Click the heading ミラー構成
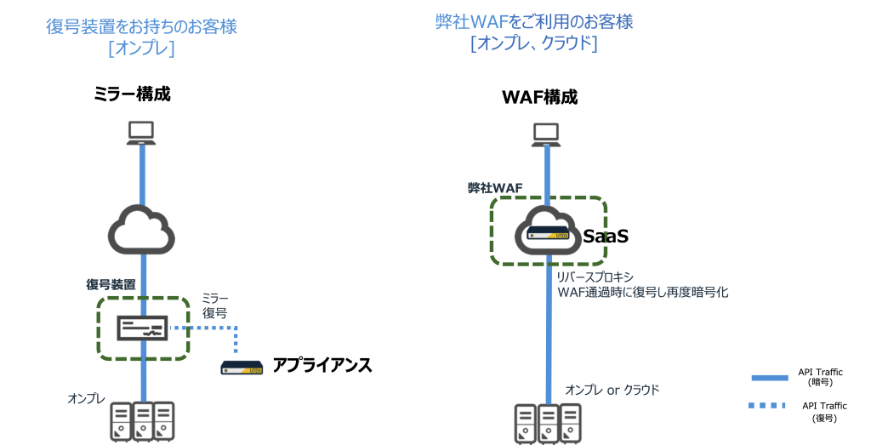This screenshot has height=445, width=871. coord(132,94)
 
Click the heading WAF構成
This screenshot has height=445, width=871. coord(540,97)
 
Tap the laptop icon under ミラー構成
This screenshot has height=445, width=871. coord(140,133)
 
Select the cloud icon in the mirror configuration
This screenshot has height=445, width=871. coord(140,227)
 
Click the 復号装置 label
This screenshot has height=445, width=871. coord(111,284)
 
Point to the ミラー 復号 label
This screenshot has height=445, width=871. coord(214,305)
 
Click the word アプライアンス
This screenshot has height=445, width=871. coord(322,366)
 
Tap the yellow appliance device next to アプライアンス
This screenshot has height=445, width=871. coord(241,367)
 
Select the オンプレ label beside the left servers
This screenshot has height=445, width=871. coord(86,398)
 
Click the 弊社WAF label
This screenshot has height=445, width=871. coord(494,187)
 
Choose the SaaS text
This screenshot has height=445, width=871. coord(606,236)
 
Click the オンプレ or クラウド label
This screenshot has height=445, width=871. coord(612,390)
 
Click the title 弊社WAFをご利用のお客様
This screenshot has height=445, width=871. coord(533,22)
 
